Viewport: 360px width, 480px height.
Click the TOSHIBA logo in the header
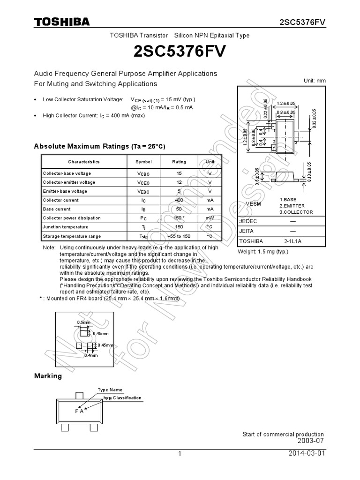[x=61, y=22]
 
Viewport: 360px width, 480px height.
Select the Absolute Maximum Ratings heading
[x=99, y=147]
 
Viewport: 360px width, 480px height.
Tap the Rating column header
[x=179, y=162]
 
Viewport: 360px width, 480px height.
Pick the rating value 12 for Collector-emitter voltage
[x=179, y=182]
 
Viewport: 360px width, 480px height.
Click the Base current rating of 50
[x=179, y=209]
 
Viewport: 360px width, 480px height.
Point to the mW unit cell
[x=210, y=218]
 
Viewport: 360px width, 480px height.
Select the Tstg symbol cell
[x=144, y=236]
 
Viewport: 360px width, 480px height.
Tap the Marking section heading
[x=48, y=376]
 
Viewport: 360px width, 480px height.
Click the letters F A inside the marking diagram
[x=79, y=411]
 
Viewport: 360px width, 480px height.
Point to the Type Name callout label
[x=110, y=390]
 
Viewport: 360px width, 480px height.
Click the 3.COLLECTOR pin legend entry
[x=296, y=212]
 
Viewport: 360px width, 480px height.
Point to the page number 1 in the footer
[x=180, y=454]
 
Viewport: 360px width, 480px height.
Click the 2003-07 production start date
[x=310, y=441]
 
